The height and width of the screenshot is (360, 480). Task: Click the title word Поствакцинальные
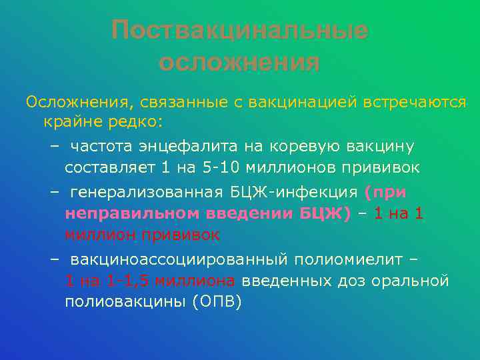240,30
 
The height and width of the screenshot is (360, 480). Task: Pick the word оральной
413,281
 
